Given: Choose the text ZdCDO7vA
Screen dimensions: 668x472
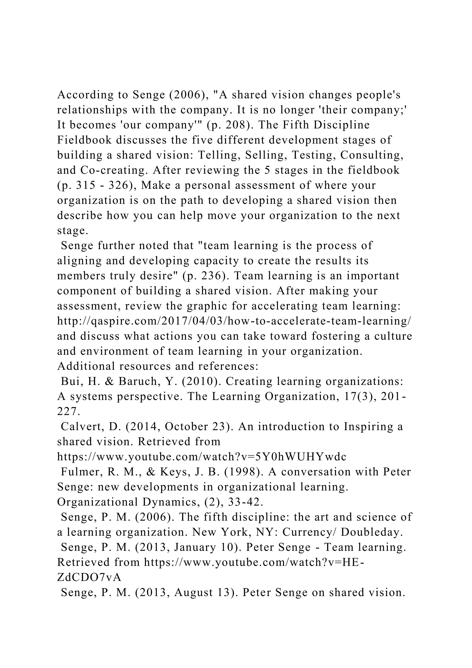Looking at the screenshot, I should point(89,578).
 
